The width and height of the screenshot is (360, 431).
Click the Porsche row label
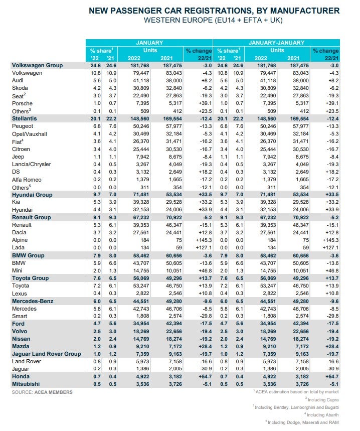pos(22,103)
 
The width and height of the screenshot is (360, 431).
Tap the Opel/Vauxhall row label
pos(29,134)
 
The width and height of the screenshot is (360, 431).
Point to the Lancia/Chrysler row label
pos(31,164)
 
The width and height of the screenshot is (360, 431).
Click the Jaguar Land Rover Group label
pos(46,354)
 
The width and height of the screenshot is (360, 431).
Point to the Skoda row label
pos(20,88)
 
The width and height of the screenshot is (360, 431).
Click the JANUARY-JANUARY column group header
pos(276,43)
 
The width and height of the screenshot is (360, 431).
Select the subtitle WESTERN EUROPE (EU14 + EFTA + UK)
pos(213,20)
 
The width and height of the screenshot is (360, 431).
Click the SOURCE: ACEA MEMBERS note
pos(42,392)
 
